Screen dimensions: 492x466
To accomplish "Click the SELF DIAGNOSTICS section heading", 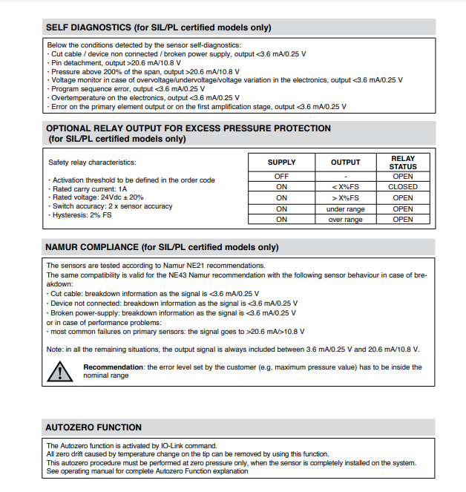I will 158,27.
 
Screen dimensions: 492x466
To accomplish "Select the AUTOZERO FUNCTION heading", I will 93,427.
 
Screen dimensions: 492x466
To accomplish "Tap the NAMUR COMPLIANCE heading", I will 162,247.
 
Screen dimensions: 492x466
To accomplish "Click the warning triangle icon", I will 57,371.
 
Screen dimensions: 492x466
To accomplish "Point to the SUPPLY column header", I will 281,163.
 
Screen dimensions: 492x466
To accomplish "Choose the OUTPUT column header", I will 345,163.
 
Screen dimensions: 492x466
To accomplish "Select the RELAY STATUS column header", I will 403,163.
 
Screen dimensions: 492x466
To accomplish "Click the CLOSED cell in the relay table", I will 403,187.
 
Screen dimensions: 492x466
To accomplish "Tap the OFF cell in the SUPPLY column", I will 281,177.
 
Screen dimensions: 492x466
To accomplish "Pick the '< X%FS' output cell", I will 345,187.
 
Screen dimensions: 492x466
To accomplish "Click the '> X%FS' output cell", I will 345,198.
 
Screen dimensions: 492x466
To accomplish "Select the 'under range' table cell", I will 345,209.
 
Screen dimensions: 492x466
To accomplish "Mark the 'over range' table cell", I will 345,220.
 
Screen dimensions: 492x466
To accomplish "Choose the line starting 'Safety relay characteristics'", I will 92,163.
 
